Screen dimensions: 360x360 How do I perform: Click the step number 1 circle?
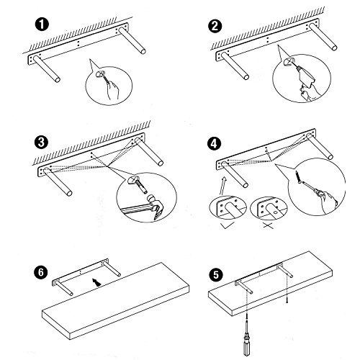(42, 24)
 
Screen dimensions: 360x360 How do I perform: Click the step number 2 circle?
(215, 26)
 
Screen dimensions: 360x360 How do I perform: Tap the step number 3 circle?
(41, 142)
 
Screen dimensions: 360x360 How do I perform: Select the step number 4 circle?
(214, 144)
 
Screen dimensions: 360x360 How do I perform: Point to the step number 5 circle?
(216, 275)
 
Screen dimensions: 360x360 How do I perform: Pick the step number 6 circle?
(41, 272)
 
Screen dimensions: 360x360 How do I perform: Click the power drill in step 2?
(305, 76)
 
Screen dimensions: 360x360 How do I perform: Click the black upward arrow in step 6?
(96, 282)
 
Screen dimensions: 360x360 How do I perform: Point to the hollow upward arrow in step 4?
(222, 186)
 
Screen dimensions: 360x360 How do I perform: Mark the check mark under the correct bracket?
(228, 225)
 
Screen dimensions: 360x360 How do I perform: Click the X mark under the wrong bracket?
(268, 225)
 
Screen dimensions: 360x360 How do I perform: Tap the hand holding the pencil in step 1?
(113, 91)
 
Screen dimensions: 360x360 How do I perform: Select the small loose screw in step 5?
(287, 300)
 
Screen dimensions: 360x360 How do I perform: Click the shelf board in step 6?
(116, 301)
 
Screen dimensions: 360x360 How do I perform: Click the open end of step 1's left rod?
(58, 79)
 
